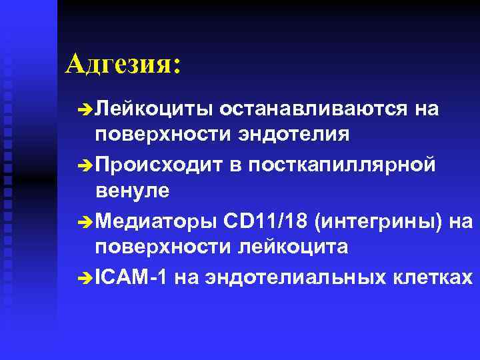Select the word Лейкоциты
[x=153, y=109]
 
